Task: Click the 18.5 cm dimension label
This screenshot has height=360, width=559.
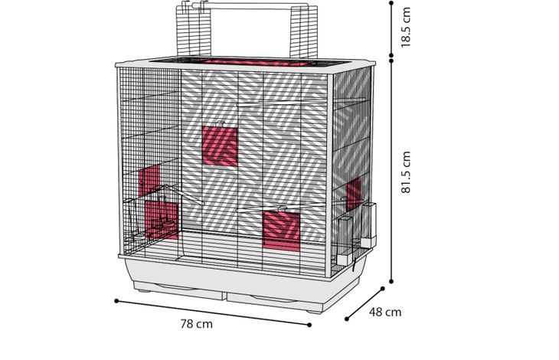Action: click(406, 28)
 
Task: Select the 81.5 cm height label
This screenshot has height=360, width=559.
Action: click(406, 172)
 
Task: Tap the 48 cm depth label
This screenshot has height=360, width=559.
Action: click(385, 313)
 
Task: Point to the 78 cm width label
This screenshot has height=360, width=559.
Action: click(197, 324)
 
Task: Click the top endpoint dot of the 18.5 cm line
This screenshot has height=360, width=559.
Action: click(391, 3)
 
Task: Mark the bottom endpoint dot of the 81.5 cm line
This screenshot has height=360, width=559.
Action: click(391, 282)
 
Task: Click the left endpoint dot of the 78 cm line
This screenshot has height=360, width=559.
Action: click(116, 301)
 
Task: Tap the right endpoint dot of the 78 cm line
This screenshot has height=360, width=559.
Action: click(309, 325)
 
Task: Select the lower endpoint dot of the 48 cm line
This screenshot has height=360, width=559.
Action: click(347, 319)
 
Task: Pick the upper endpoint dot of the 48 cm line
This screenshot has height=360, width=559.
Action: click(383, 288)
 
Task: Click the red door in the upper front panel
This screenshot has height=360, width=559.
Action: click(220, 146)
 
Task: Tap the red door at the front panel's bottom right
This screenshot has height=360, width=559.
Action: click(282, 231)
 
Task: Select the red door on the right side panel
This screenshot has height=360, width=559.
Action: click(354, 194)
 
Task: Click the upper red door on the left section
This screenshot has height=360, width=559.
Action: click(149, 180)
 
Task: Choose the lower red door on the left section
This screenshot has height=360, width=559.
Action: click(161, 219)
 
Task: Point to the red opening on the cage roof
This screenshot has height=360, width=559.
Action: click(256, 62)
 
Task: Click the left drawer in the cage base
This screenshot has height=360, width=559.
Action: click(179, 290)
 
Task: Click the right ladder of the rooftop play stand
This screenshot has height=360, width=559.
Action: click(304, 31)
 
